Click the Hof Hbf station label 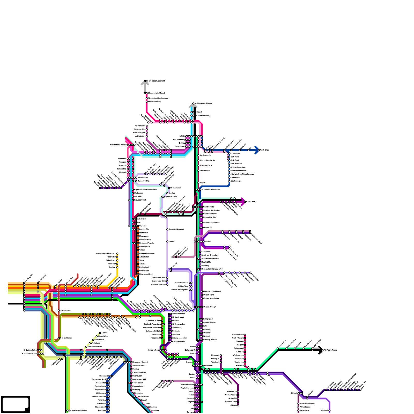[182, 136]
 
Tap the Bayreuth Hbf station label [143, 178]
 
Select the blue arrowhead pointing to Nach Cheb [257, 150]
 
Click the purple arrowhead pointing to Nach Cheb [243, 202]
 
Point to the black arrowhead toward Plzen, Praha [321, 350]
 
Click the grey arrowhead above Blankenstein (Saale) [145, 83]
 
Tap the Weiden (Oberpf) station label [210, 307]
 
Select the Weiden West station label [183, 286]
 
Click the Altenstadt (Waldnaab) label [212, 291]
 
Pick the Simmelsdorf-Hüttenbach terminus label [106, 253]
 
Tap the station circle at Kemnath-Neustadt [167, 229]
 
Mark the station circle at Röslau [198, 183]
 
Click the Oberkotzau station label [180, 146]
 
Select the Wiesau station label [208, 241]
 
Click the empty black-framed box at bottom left [15, 404]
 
